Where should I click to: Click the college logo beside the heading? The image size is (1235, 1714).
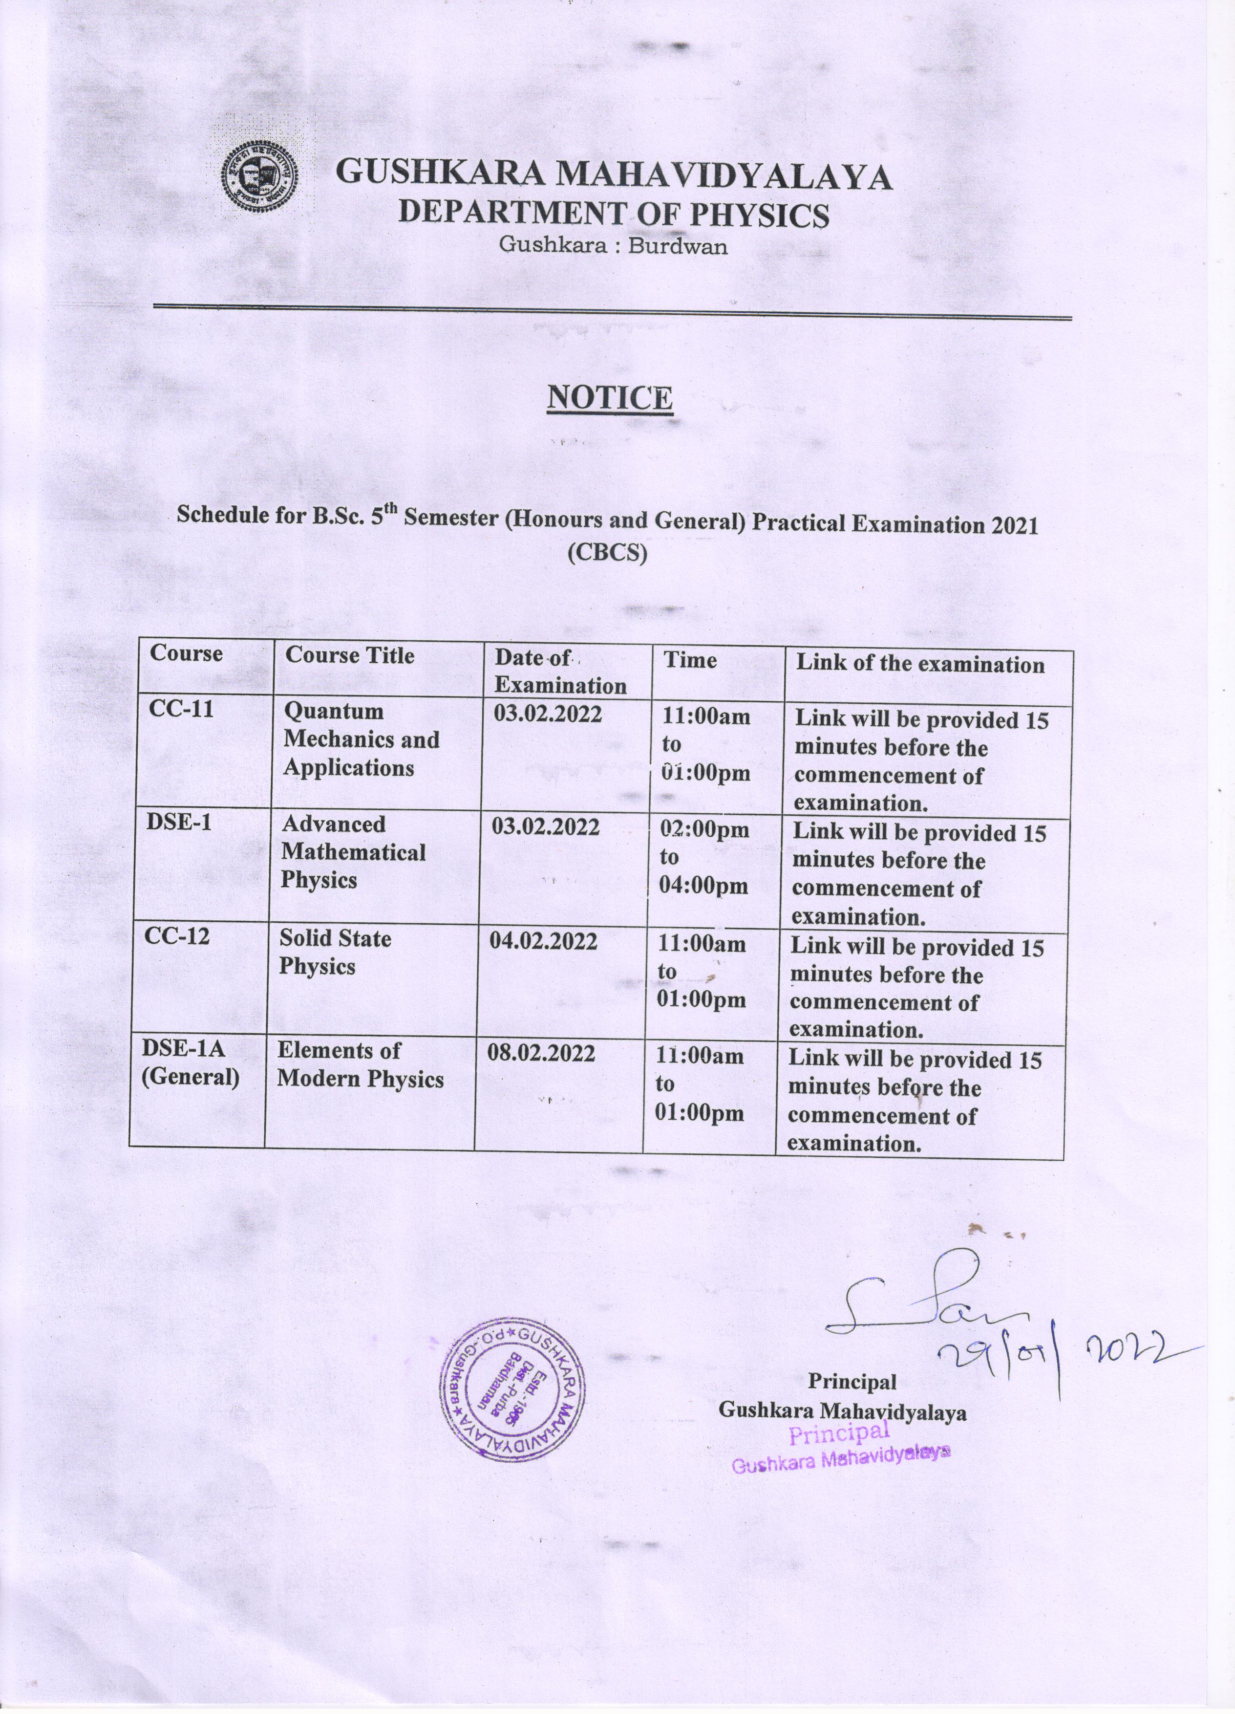click(x=258, y=176)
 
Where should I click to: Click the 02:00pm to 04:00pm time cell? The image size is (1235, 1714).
click(x=704, y=858)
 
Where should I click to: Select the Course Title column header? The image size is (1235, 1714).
click(x=350, y=655)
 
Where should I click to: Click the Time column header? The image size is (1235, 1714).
click(x=690, y=660)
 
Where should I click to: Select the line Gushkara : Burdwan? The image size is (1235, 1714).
click(x=613, y=246)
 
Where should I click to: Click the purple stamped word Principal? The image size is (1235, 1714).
click(x=839, y=1432)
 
